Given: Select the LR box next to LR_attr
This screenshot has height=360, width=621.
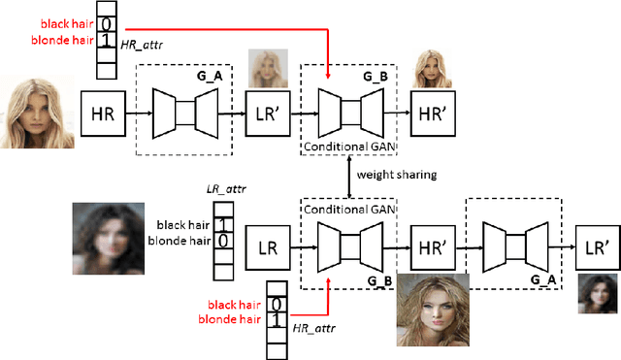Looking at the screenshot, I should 267,248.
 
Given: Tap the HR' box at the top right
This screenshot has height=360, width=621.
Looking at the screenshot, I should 433,114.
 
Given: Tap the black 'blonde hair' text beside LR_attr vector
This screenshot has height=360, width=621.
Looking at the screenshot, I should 179,240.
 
